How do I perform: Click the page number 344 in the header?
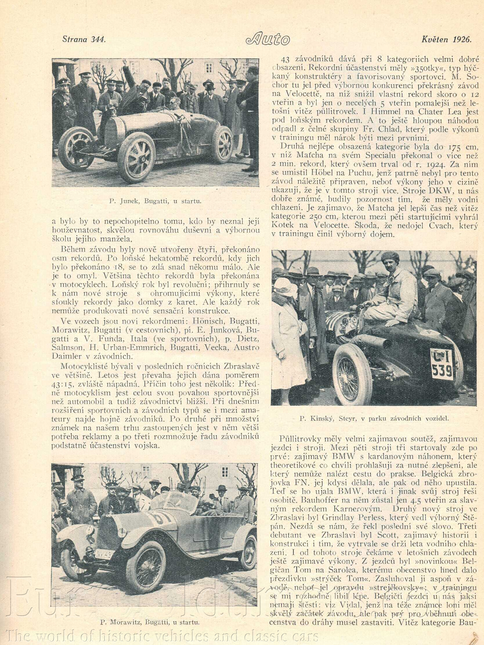coord(97,40)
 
